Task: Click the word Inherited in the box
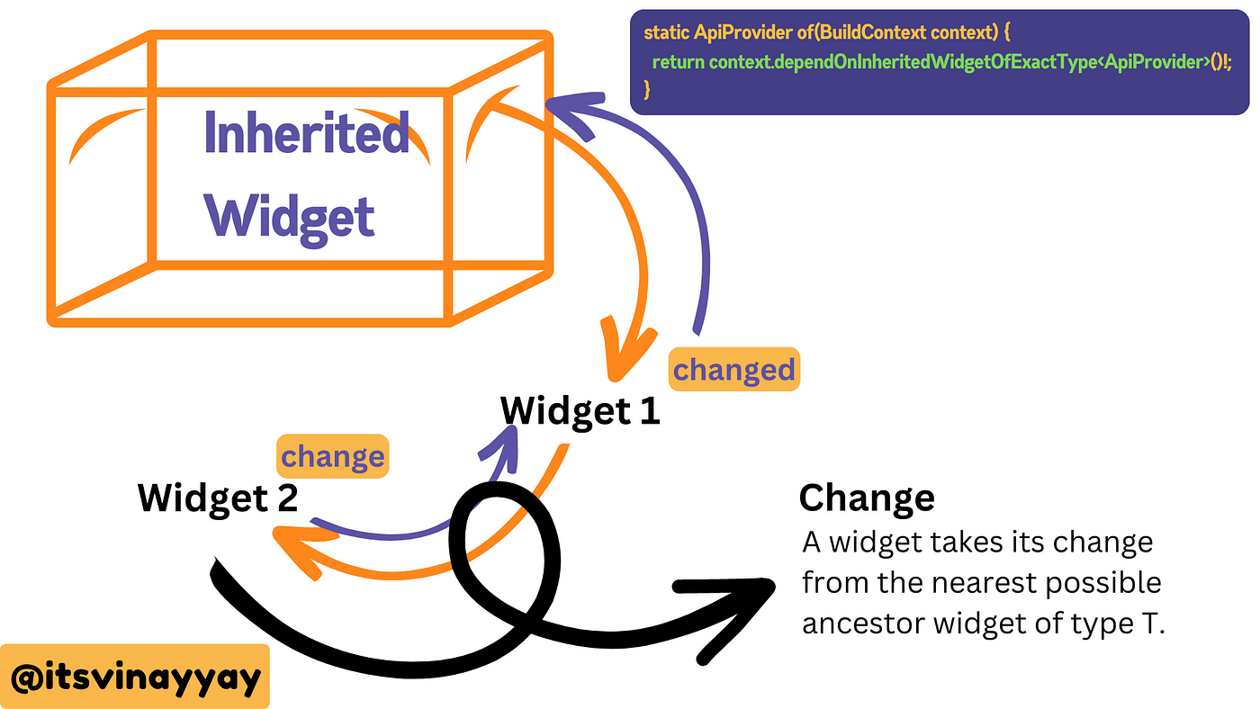307,132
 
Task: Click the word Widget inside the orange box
289,220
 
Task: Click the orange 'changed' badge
734,370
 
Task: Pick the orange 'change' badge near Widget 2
332,456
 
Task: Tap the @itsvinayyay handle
135,677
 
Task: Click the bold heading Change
867,498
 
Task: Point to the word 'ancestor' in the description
863,624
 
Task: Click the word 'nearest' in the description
985,582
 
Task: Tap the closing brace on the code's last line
647,90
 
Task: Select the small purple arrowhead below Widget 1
502,447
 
